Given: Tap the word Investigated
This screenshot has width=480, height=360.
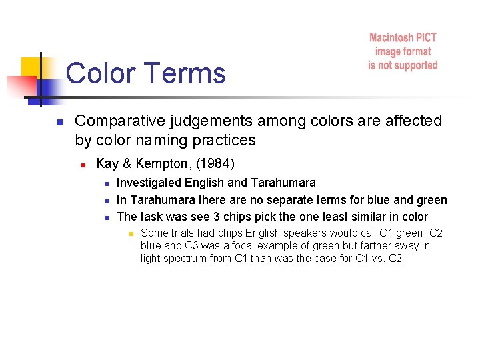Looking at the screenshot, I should (150, 182).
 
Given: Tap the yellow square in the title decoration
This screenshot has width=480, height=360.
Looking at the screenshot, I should (31, 67).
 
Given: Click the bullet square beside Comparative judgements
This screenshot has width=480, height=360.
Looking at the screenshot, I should (59, 122).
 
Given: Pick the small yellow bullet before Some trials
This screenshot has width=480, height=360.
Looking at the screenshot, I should (131, 233).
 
